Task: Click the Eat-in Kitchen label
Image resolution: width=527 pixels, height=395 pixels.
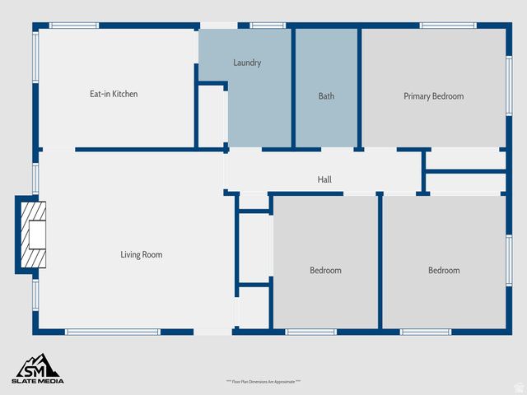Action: tap(114, 95)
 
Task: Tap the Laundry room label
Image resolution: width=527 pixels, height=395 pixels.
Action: tap(247, 63)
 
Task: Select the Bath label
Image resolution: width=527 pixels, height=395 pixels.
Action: tap(326, 96)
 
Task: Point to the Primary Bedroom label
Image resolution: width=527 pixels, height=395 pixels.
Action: tap(433, 96)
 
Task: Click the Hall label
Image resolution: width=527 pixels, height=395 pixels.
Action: tap(324, 179)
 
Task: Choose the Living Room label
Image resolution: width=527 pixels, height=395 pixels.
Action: tap(142, 255)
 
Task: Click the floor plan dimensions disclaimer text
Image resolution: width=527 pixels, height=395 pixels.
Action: tap(263, 382)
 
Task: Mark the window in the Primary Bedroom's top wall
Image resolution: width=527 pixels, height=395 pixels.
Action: tap(448, 26)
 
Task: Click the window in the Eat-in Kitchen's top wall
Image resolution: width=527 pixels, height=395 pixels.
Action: tap(74, 26)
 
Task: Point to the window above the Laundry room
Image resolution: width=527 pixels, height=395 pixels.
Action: tap(268, 26)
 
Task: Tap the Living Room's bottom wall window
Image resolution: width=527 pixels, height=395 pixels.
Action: tap(112, 332)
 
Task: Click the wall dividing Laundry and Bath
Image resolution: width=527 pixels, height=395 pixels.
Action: tap(294, 86)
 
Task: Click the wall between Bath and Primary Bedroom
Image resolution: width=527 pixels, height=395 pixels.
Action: tap(360, 86)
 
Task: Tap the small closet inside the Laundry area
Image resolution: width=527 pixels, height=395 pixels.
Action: tap(212, 115)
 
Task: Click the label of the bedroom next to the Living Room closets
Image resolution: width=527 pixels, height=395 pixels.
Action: tap(325, 271)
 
